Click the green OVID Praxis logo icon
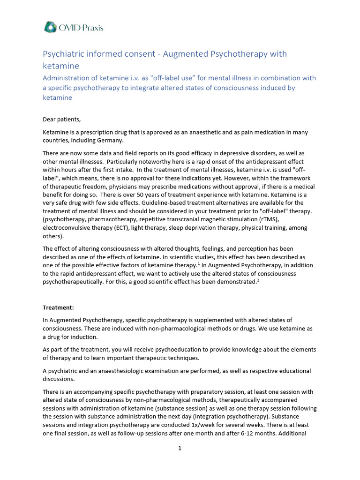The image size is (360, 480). (50, 28)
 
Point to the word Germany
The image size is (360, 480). (111, 140)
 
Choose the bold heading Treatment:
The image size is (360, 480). (59, 307)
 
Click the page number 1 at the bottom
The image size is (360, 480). (180, 448)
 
